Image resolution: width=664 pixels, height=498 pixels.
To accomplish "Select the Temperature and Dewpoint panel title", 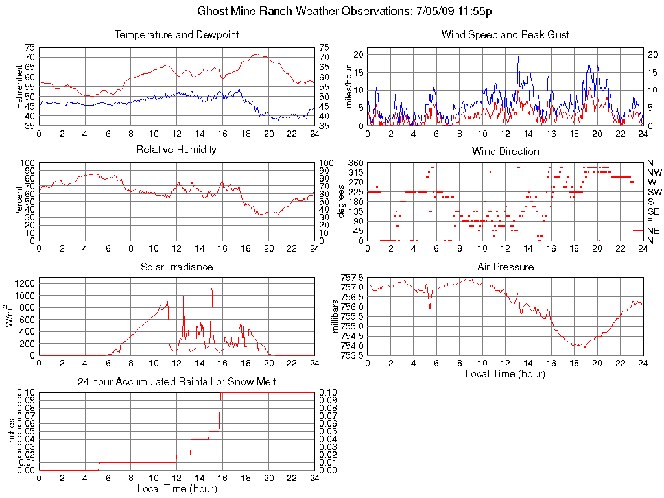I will point(176,34).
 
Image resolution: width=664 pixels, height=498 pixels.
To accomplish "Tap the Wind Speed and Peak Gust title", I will point(505,34).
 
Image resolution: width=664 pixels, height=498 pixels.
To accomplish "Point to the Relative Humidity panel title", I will point(176,150).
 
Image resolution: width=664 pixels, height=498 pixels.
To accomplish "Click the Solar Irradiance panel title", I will point(176,267).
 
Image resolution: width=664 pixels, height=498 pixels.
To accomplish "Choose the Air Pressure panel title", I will point(505,267).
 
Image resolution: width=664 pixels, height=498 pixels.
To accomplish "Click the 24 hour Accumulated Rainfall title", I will point(176,382).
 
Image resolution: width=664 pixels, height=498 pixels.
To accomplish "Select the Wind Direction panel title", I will point(505,151).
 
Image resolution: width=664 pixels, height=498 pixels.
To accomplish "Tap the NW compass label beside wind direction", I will point(654,172).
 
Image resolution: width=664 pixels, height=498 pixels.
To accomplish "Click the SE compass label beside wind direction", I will point(654,211).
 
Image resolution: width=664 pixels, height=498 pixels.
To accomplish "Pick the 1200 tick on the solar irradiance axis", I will point(26,283).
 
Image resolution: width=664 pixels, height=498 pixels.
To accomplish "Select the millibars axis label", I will point(335,316).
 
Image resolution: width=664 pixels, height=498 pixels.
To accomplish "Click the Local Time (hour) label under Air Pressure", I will point(505,373).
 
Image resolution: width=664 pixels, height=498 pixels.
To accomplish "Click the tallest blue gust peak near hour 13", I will point(519,56).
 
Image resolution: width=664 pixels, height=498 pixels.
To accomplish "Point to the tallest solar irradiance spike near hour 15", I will point(211,289).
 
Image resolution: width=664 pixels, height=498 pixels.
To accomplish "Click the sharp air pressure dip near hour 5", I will point(430,307).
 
